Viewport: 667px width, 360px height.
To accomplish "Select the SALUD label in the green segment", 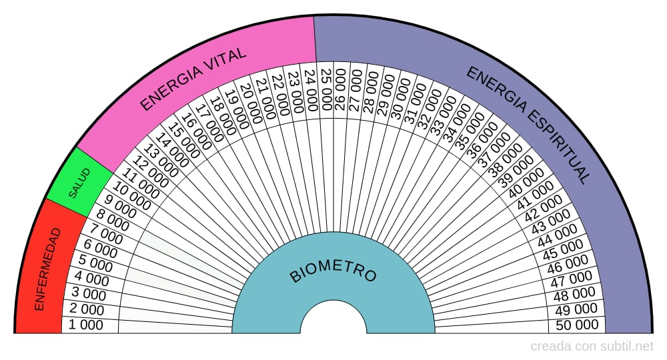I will coord(79,184).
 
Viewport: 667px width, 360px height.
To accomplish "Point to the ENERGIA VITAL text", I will coord(194,79).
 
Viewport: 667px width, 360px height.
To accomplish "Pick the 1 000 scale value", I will coord(87,325).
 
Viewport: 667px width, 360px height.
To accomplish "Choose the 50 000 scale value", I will coord(577,325).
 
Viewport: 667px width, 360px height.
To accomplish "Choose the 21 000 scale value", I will coord(265,99).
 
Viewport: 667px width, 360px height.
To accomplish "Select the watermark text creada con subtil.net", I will coord(592,347).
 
